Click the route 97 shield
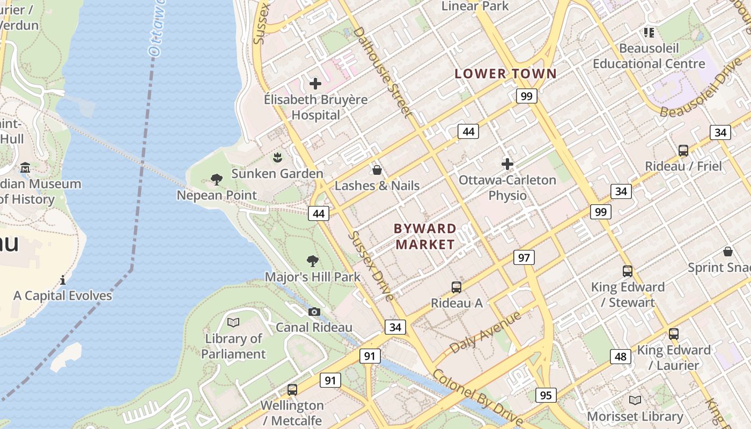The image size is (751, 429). (524, 257)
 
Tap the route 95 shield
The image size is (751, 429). (546, 395)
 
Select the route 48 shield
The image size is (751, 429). (620, 357)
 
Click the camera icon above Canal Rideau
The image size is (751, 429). (314, 312)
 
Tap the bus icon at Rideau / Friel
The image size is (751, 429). (683, 151)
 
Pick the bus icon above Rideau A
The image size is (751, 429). (457, 287)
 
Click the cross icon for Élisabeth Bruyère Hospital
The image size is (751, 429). (315, 83)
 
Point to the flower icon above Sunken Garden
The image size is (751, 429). (277, 158)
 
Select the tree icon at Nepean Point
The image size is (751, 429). (217, 179)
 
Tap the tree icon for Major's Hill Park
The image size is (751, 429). (313, 261)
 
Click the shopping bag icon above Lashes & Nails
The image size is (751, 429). (377, 170)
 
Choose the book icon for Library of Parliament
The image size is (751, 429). (233, 322)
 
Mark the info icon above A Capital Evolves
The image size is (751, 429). (63, 279)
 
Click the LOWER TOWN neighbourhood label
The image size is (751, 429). (506, 74)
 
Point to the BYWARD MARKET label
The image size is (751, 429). (425, 236)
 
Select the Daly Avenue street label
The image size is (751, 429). (485, 332)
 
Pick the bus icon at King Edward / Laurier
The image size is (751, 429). (674, 334)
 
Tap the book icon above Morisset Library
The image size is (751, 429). (635, 400)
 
